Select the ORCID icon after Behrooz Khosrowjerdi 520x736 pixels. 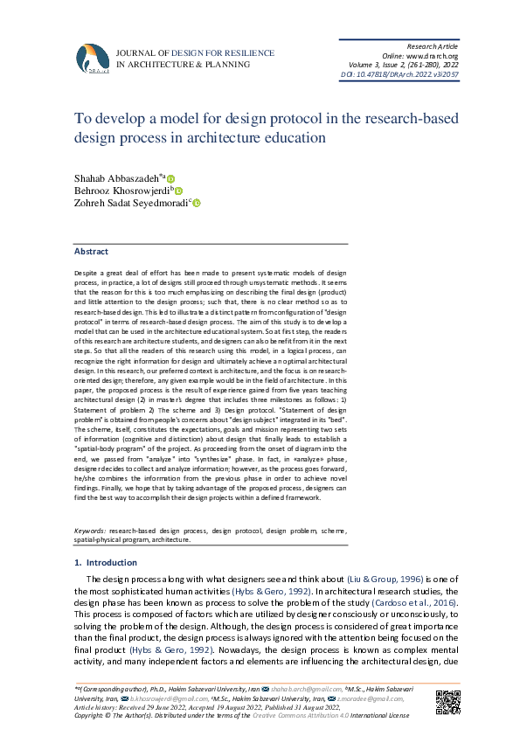click(x=178, y=191)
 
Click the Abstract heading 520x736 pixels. click(x=91, y=251)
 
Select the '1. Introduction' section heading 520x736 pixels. click(x=106, y=563)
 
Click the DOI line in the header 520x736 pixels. click(x=399, y=76)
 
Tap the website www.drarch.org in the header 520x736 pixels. click(x=431, y=56)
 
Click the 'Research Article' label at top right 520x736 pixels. click(x=433, y=45)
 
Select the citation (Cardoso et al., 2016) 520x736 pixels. click(x=406, y=604)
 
